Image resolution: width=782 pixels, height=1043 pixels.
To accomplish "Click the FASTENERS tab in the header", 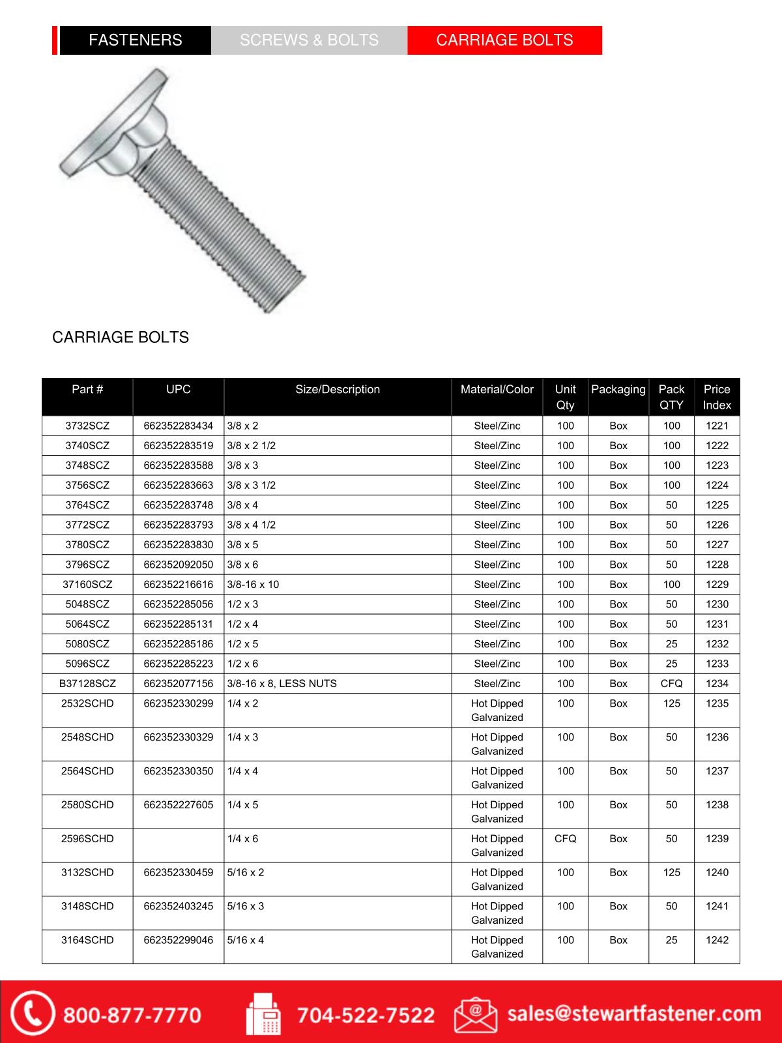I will coord(135,40).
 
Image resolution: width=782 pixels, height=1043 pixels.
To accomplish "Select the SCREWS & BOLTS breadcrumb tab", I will coord(309,40).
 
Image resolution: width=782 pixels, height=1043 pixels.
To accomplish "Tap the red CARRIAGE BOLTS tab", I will coord(504,40).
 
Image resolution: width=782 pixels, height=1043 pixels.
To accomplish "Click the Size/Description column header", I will coord(338,390).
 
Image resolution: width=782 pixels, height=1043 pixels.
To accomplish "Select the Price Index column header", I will coord(717,397).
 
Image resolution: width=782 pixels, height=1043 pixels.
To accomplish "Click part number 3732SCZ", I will coord(87,426).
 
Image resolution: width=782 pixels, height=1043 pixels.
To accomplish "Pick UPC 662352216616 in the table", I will coord(178,585).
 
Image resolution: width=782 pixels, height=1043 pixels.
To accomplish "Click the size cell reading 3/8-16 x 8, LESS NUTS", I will coord(282,684).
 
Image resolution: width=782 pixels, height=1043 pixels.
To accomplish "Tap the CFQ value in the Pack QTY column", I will coord(671,684).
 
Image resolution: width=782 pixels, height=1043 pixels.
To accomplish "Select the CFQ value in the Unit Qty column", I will coord(565,839).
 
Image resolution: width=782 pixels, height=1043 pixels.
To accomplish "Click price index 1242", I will coord(717,940).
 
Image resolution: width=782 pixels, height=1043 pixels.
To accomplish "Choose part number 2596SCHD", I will coord(87,839).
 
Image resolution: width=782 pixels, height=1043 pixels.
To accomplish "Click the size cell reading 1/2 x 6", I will coord(242,664).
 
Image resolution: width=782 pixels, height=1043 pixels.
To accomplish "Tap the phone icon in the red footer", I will coord(31,1013).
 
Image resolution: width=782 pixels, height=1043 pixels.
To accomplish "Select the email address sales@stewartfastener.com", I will coord(634,1014).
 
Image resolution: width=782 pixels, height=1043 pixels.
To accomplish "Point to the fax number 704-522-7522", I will coord(366,1015).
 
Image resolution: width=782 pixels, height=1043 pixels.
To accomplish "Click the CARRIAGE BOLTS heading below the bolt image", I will coord(121,338).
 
